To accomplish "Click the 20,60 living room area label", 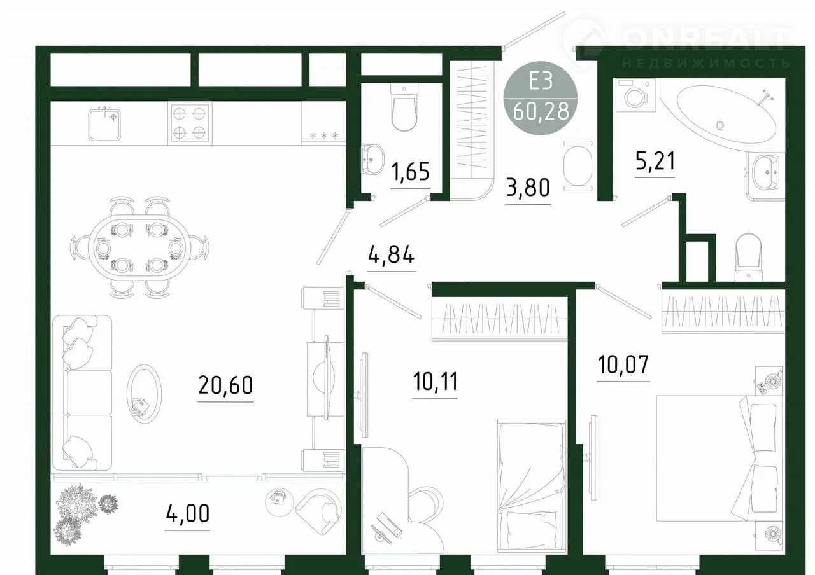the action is click(x=225, y=385).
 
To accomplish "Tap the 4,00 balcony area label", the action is click(x=188, y=513).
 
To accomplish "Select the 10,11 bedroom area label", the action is click(x=435, y=381).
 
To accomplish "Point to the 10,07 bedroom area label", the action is click(x=623, y=364).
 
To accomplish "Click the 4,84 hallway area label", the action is click(x=391, y=254).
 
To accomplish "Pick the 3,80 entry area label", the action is click(x=528, y=188).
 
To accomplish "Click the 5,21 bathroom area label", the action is click(x=655, y=161).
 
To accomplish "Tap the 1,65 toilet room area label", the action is click(x=411, y=172).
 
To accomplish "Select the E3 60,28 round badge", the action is click(x=541, y=98).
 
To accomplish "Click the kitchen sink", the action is click(x=104, y=125).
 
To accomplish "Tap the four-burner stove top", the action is click(x=190, y=123).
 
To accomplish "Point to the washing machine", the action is click(x=636, y=95).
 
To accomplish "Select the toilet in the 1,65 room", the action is click(x=404, y=107).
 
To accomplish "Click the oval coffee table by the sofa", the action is click(x=145, y=394).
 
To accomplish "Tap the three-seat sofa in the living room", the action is click(x=82, y=393).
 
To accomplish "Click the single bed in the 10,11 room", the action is click(x=532, y=487).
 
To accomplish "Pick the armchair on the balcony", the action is click(x=318, y=511).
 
